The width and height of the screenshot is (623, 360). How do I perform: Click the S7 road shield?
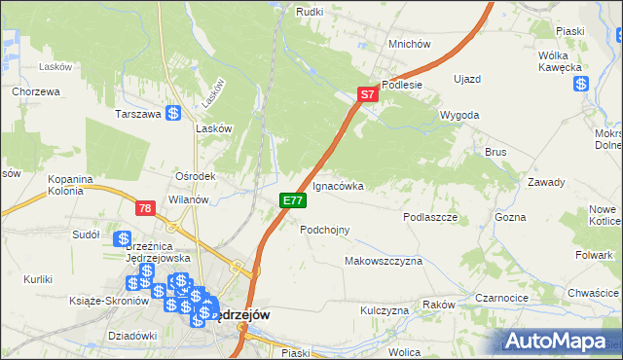(x=366, y=95)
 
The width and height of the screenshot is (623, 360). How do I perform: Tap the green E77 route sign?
(x=293, y=200)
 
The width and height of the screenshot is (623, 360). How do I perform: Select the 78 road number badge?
(x=145, y=208)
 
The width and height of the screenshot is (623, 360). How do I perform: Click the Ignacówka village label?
(x=338, y=185)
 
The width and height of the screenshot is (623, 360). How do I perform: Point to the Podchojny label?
(x=324, y=230)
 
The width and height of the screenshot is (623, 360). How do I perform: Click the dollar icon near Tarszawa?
(x=173, y=114)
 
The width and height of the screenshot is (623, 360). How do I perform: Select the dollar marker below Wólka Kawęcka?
(x=581, y=84)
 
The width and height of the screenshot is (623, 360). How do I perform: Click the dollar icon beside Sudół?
(x=123, y=238)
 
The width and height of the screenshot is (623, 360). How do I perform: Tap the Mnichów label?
(x=409, y=45)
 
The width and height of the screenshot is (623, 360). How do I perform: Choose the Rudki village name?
(x=309, y=12)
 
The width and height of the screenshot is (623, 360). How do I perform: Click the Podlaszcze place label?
(x=430, y=218)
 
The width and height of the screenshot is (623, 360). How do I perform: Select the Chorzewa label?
(x=37, y=92)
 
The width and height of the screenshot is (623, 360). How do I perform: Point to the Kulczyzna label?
(x=384, y=310)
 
